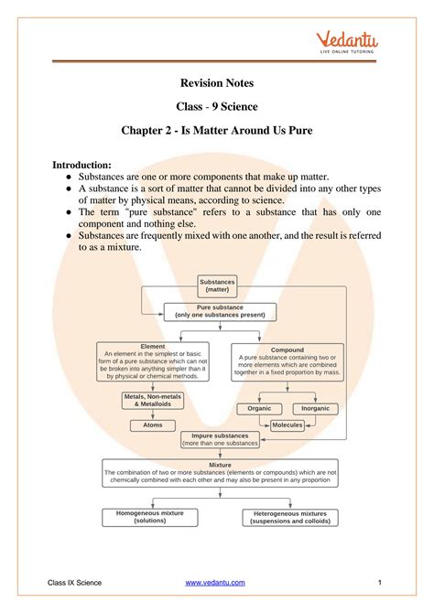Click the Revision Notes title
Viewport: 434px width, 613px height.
pos(217,83)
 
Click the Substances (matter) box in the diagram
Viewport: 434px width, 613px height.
pos(217,286)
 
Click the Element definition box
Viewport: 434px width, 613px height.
pos(152,362)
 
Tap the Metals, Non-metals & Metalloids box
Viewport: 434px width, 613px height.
pos(152,400)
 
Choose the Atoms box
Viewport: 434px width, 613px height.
pos(152,425)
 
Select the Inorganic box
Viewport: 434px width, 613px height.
pos(315,408)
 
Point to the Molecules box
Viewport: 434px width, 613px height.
pos(288,425)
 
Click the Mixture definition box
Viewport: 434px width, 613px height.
pos(220,473)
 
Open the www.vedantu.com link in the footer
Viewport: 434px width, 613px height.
pos(218,583)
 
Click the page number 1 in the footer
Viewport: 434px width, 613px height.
pos(378,583)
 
